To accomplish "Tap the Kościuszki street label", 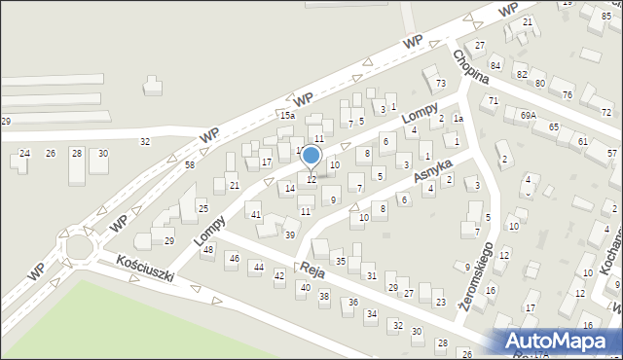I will (x=144, y=269).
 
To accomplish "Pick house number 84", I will (x=495, y=65).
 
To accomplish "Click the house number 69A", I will (x=528, y=115).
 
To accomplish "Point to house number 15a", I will (x=287, y=116).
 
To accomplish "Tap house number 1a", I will (x=457, y=119).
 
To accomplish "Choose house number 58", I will (x=190, y=165).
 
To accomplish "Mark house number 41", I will (x=255, y=214).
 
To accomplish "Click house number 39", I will (x=289, y=235).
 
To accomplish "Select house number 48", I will (x=207, y=250).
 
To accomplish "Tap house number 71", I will (x=494, y=101).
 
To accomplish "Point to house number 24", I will (x=25, y=154).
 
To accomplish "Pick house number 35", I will (x=340, y=261).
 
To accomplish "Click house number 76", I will (x=567, y=94).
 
